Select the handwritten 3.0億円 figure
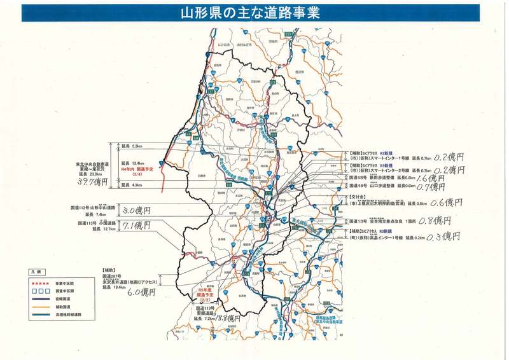pos(136,209)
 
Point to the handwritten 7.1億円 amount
pos(136,226)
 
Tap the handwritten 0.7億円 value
pos(437,188)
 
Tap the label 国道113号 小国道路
pos(99,224)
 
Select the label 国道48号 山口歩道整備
pos(373,186)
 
